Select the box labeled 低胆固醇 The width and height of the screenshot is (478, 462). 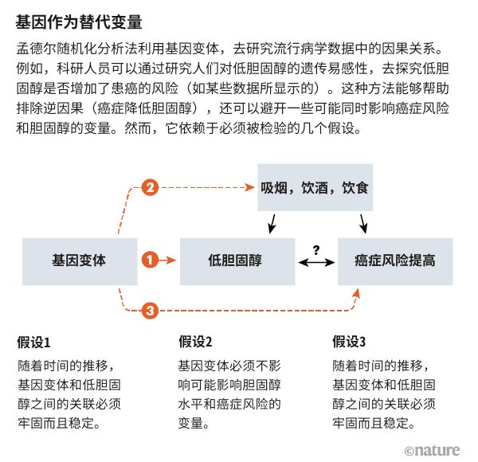235,260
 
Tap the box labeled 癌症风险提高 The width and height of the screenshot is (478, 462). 395,260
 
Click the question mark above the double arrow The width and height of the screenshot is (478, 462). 315,250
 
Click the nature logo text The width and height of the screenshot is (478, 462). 437,451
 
